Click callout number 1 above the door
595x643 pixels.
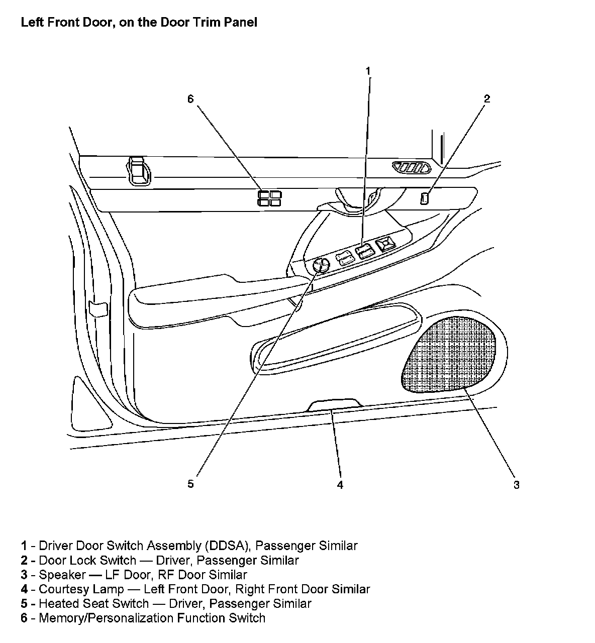tap(368, 71)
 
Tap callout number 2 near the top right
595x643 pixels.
tap(486, 98)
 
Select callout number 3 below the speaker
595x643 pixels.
tap(516, 484)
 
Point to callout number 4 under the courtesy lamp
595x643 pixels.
tap(340, 484)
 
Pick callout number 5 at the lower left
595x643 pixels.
tap(190, 484)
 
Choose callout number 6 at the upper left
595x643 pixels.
tap(190, 99)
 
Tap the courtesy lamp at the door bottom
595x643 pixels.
tap(334, 404)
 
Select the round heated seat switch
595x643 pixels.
tap(320, 265)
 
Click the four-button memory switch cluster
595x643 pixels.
tap(270, 198)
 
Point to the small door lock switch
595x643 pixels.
tap(425, 198)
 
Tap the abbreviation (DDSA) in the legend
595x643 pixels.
tap(227, 546)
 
